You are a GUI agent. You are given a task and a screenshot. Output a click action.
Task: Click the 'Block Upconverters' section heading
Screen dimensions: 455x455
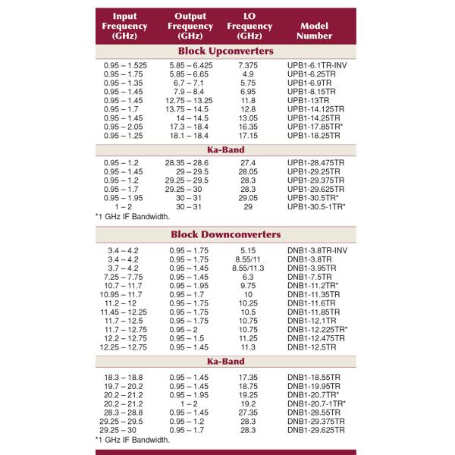(226, 52)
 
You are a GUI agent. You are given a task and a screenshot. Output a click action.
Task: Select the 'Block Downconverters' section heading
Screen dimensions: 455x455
(226, 234)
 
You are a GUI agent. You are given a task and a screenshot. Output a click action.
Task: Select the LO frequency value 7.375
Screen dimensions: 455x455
(248, 66)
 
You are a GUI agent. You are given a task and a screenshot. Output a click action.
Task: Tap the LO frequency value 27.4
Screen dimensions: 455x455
(248, 163)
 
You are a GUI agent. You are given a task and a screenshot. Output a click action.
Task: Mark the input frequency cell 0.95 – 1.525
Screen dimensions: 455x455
(125, 66)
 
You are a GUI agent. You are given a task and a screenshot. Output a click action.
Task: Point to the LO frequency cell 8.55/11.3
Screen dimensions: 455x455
(248, 268)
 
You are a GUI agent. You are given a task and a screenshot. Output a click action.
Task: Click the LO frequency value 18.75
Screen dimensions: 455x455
(248, 386)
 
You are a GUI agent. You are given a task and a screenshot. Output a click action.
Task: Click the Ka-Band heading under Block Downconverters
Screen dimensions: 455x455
(226, 362)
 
